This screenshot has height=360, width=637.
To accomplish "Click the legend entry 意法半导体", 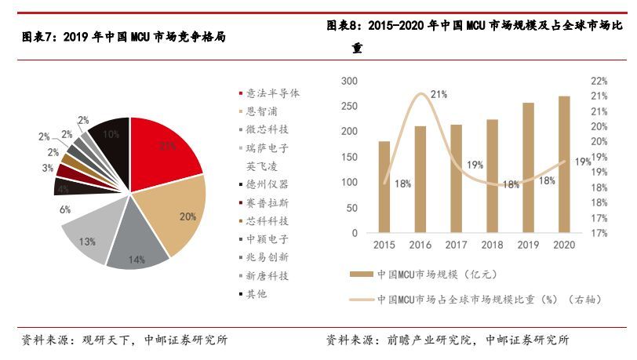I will [x=272, y=93].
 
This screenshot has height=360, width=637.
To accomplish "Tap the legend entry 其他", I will [x=257, y=294].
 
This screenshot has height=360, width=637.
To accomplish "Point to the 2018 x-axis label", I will [x=493, y=245].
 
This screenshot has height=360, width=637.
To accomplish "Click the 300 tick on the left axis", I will [x=350, y=81].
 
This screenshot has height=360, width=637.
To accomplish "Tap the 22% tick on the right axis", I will [x=599, y=81].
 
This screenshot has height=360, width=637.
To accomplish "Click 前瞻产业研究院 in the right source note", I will [x=424, y=340].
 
